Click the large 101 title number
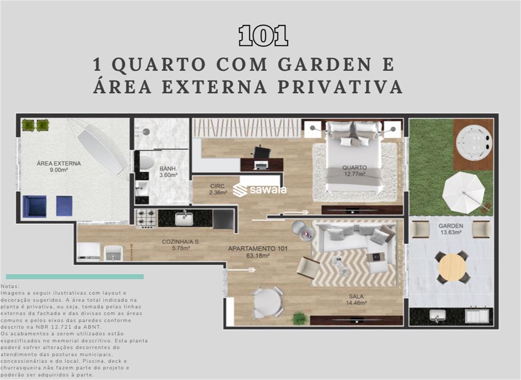pos(263,36)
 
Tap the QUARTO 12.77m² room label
pos(355,170)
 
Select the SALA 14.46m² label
pos(356,300)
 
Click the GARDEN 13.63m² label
pos(451,229)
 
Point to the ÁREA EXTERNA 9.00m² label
pos(59,166)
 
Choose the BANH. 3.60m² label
pos(168,171)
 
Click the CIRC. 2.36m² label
pos(218,189)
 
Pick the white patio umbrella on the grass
pos(464,193)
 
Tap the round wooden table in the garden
pos(452,267)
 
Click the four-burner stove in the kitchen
pos(146,219)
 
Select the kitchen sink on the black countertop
pos(184,219)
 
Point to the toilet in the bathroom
pos(146,162)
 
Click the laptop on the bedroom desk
pos(261,165)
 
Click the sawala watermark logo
pos(260,190)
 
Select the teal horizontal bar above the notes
pos(75,276)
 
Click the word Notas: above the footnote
pos(10,286)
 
